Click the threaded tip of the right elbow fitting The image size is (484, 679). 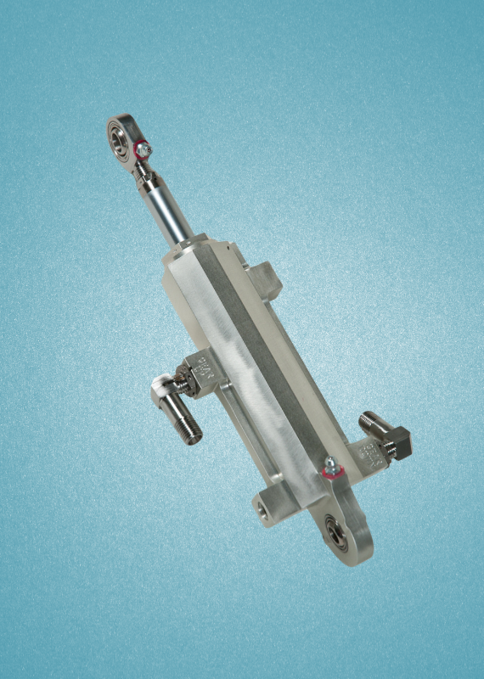click(367, 419)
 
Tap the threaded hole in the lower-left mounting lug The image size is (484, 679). click(260, 510)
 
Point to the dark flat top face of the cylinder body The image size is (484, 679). click(255, 356)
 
